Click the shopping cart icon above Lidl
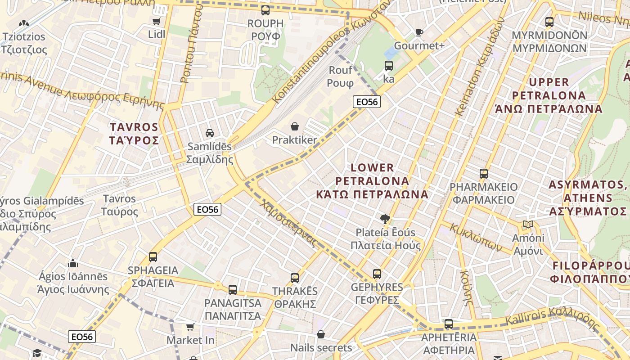[156, 22]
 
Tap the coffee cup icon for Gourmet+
[419, 32]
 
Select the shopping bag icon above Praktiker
[295, 126]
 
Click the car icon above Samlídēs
[210, 133]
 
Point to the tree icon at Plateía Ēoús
[385, 219]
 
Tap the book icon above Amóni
[528, 225]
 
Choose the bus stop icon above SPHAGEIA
[153, 257]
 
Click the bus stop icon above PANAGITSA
[233, 289]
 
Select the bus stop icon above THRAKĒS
[295, 278]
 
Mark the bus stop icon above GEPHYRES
[377, 274]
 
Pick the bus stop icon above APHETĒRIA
[449, 324]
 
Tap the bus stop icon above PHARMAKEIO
[484, 174]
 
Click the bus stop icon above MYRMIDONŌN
[549, 22]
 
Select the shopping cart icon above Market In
[190, 327]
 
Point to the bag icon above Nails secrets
[321, 334]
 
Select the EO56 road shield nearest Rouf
[367, 102]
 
